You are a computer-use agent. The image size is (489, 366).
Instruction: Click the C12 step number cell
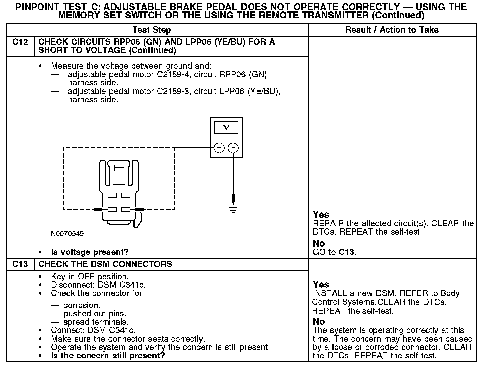coord(20,42)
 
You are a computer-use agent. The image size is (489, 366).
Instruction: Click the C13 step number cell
coord(20,264)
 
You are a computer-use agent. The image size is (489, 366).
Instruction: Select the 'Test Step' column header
coord(151,30)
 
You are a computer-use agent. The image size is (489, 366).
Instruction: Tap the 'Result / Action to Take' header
coord(392,30)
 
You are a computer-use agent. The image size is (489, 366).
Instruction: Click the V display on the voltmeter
coord(226,128)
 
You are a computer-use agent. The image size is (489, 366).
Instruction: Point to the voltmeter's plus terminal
coord(219,148)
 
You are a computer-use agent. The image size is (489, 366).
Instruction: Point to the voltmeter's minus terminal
coord(233,148)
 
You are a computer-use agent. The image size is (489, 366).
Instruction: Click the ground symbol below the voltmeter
coord(233,210)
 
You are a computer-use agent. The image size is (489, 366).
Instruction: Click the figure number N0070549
coord(67,234)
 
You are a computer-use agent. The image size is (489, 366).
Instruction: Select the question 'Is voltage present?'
coord(90,252)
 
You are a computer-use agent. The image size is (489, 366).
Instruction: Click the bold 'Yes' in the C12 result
coord(321,215)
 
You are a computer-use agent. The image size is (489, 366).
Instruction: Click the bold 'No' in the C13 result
coord(319,322)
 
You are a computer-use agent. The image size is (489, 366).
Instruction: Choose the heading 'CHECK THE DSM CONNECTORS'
coord(105,264)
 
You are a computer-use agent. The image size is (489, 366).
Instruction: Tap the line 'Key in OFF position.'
coord(90,277)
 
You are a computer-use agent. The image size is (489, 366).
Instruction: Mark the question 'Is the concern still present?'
coord(108,356)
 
